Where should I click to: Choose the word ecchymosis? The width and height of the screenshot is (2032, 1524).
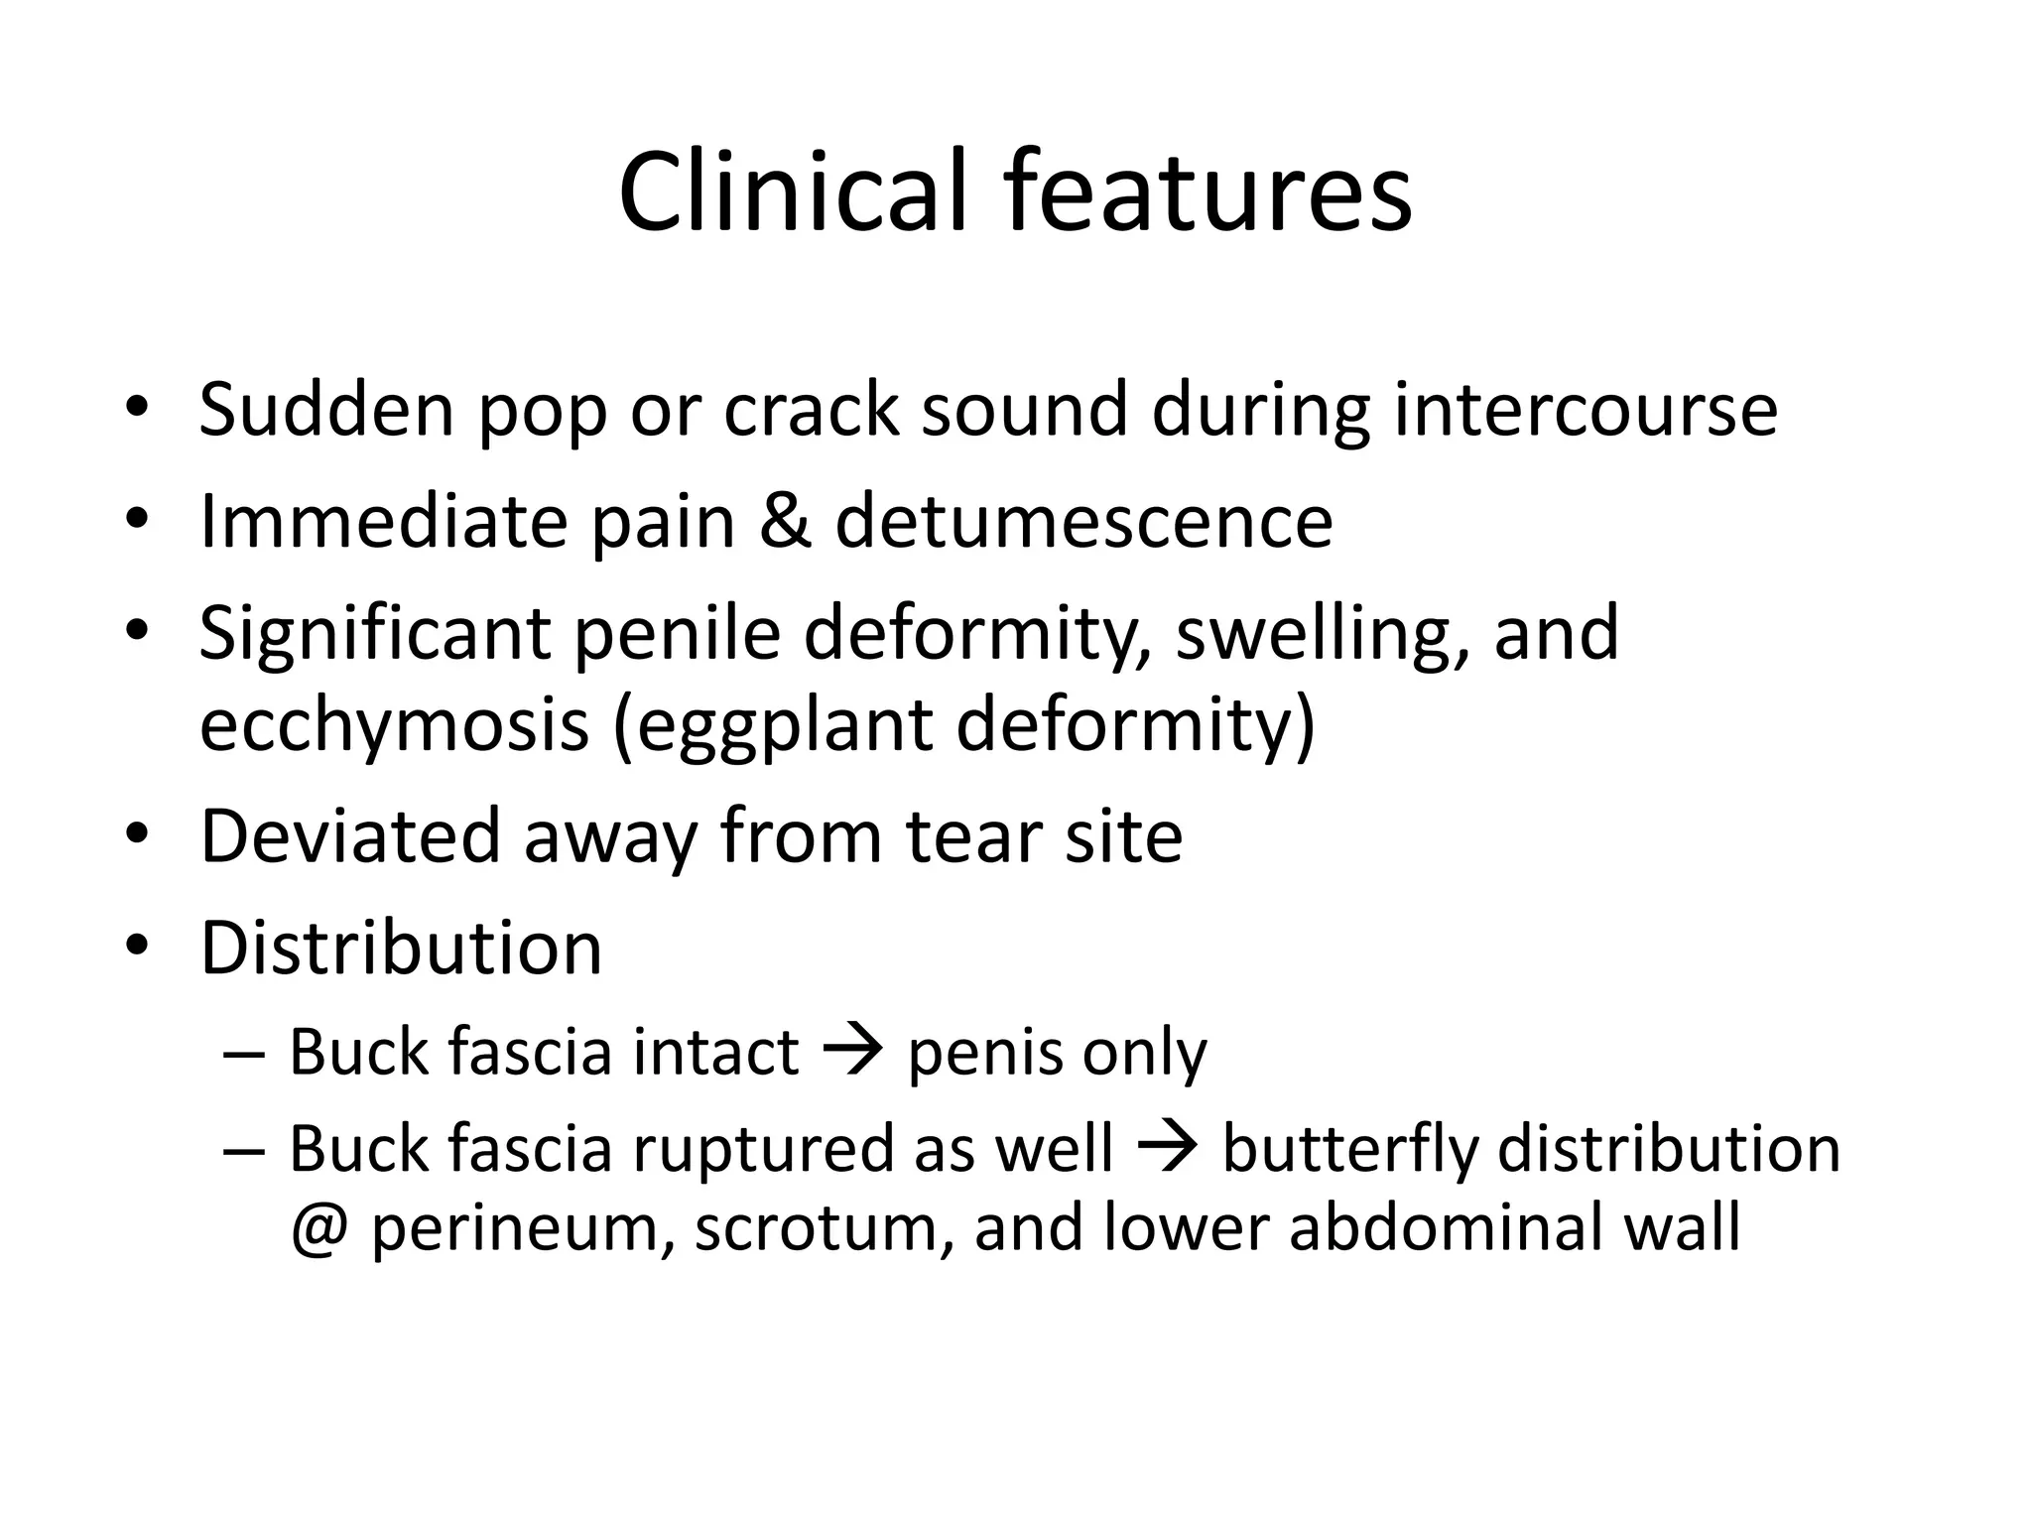point(395,724)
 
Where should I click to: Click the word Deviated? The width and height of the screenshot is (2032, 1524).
point(349,835)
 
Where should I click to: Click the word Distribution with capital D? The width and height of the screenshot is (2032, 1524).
point(401,948)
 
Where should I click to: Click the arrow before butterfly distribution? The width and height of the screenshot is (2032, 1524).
point(1167,1148)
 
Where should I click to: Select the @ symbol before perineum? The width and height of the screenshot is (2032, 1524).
point(319,1228)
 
